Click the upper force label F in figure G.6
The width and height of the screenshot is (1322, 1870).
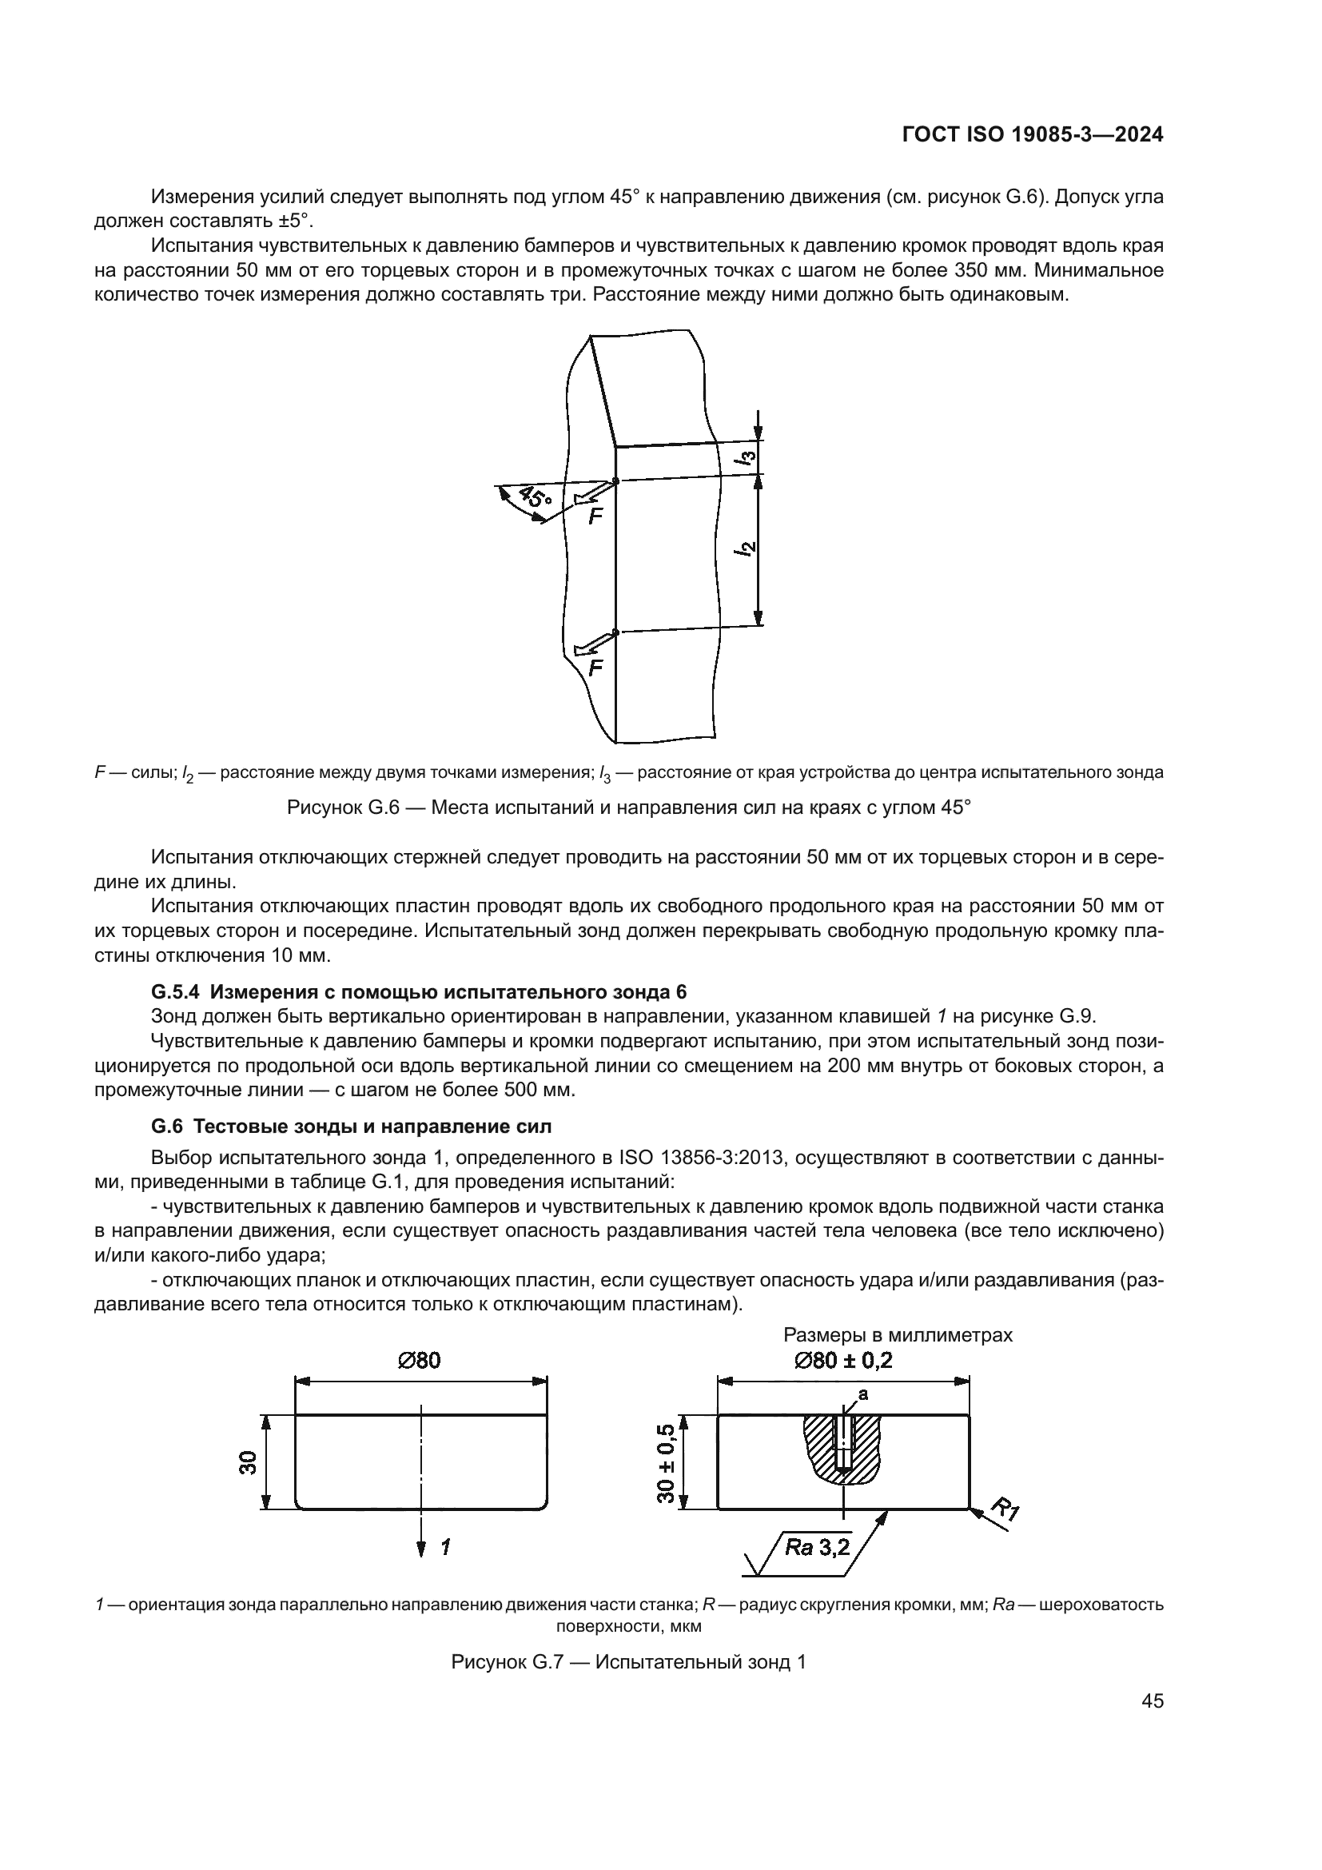[596, 516]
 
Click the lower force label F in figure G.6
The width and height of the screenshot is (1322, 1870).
[595, 668]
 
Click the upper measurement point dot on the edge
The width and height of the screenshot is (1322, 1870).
[615, 481]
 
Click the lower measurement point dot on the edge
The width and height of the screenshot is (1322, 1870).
[615, 632]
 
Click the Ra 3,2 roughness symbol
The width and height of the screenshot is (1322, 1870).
[817, 1547]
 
